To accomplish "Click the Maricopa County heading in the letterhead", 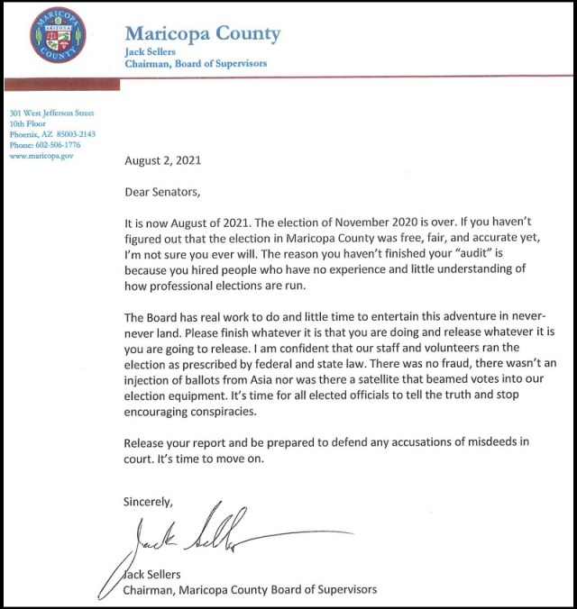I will click(202, 35).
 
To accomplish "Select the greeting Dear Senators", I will click(167, 191).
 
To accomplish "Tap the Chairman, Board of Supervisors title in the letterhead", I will click(195, 64).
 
